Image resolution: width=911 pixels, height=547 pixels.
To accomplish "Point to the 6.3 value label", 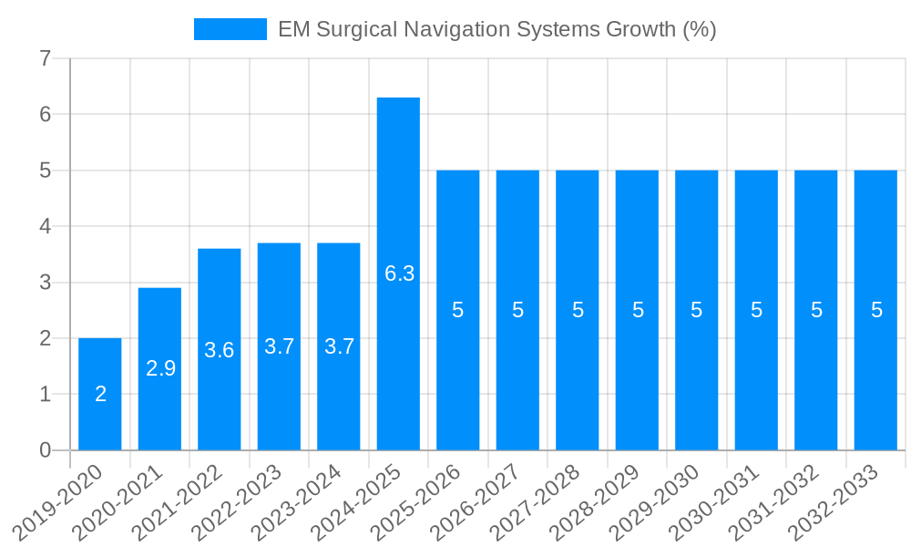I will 399,273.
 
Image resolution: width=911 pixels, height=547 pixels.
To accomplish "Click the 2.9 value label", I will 160,368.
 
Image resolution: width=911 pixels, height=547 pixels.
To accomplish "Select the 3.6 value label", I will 220,350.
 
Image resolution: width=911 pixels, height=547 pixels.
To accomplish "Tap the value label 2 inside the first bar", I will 100,394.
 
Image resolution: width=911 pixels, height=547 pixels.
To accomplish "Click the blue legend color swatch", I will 230,29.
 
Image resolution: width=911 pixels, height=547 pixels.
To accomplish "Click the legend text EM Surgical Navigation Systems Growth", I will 496,29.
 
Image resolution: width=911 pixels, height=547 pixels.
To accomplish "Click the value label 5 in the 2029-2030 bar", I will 697,310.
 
